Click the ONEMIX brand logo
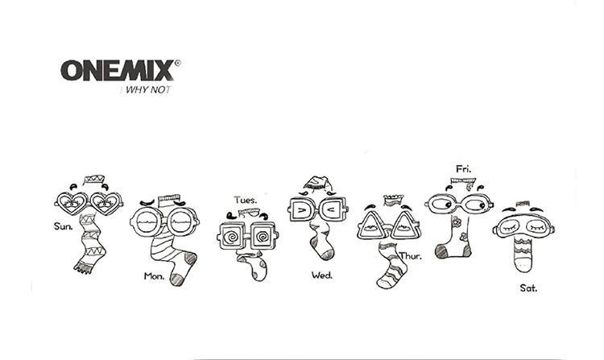coord(116,70)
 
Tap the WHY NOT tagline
coord(147,89)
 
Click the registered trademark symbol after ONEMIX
coord(177,61)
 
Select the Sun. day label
coord(64,226)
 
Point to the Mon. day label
coord(154,275)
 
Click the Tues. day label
coord(246,199)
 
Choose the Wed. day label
coord(321,275)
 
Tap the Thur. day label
coord(411,255)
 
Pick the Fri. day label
coord(463,169)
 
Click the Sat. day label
coord(528,287)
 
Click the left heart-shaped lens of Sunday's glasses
coord(70,202)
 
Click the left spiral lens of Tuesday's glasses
coord(233,236)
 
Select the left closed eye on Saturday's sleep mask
coord(511,228)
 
